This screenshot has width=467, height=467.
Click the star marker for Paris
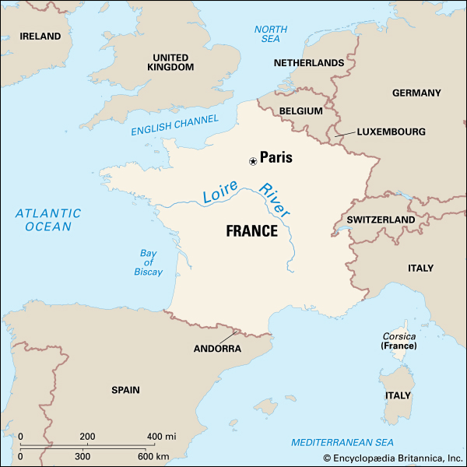252,161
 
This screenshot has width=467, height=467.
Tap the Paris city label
276,157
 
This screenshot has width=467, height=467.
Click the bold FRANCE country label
251,231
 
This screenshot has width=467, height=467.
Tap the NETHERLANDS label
309,63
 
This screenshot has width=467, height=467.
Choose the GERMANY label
416,93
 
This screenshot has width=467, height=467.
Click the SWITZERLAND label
381,220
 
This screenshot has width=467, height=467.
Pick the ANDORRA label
217,349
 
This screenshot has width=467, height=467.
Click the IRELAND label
40,37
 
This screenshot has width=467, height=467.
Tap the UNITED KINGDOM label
170,62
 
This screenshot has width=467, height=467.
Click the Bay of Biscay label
151,262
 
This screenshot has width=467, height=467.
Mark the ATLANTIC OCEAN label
47,219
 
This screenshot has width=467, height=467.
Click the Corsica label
399,336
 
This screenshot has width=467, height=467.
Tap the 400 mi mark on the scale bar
161,436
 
